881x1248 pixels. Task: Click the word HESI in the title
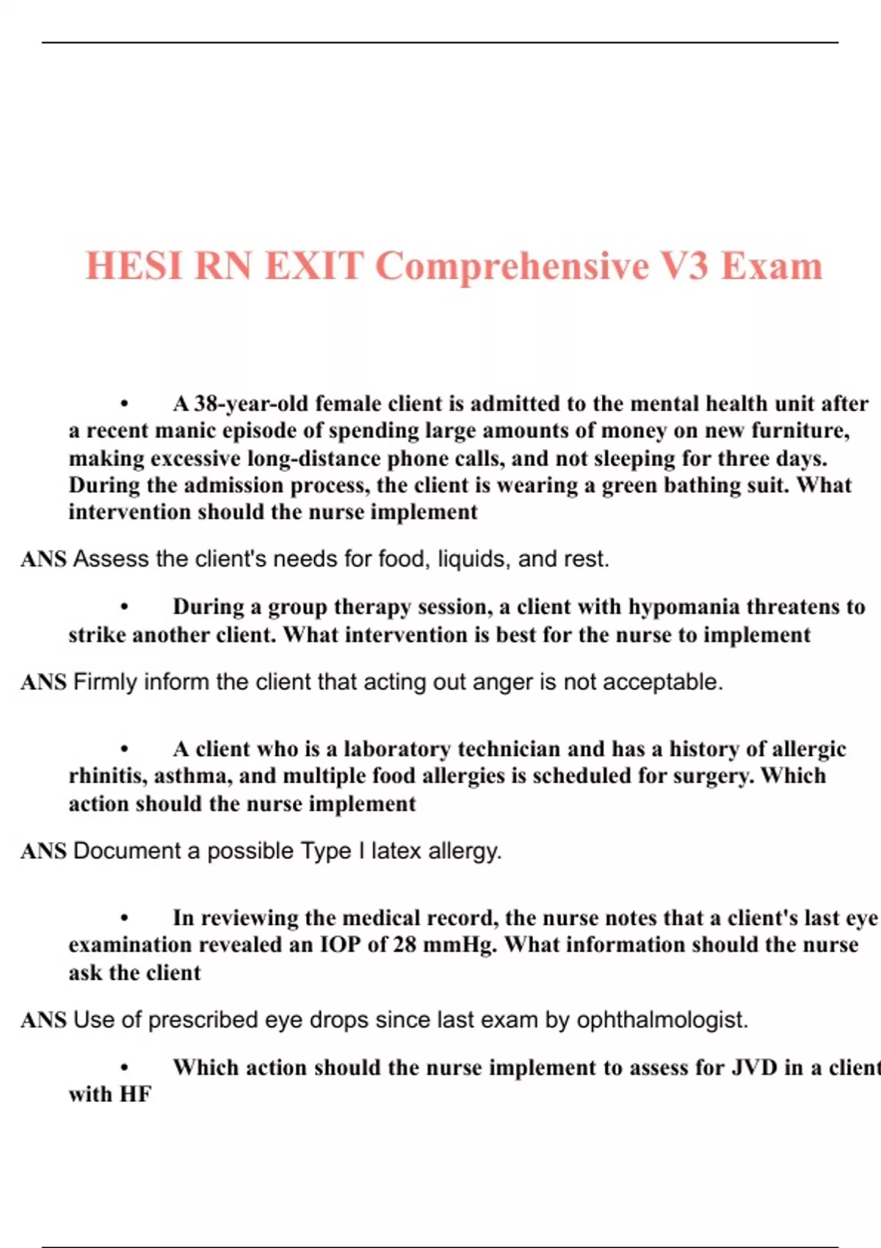point(132,266)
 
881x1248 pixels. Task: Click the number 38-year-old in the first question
point(250,404)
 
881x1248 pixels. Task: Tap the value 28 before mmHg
point(405,945)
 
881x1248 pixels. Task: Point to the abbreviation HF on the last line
point(135,1095)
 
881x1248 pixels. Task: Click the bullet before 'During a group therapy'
point(125,608)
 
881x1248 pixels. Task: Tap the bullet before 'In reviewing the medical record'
point(125,918)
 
